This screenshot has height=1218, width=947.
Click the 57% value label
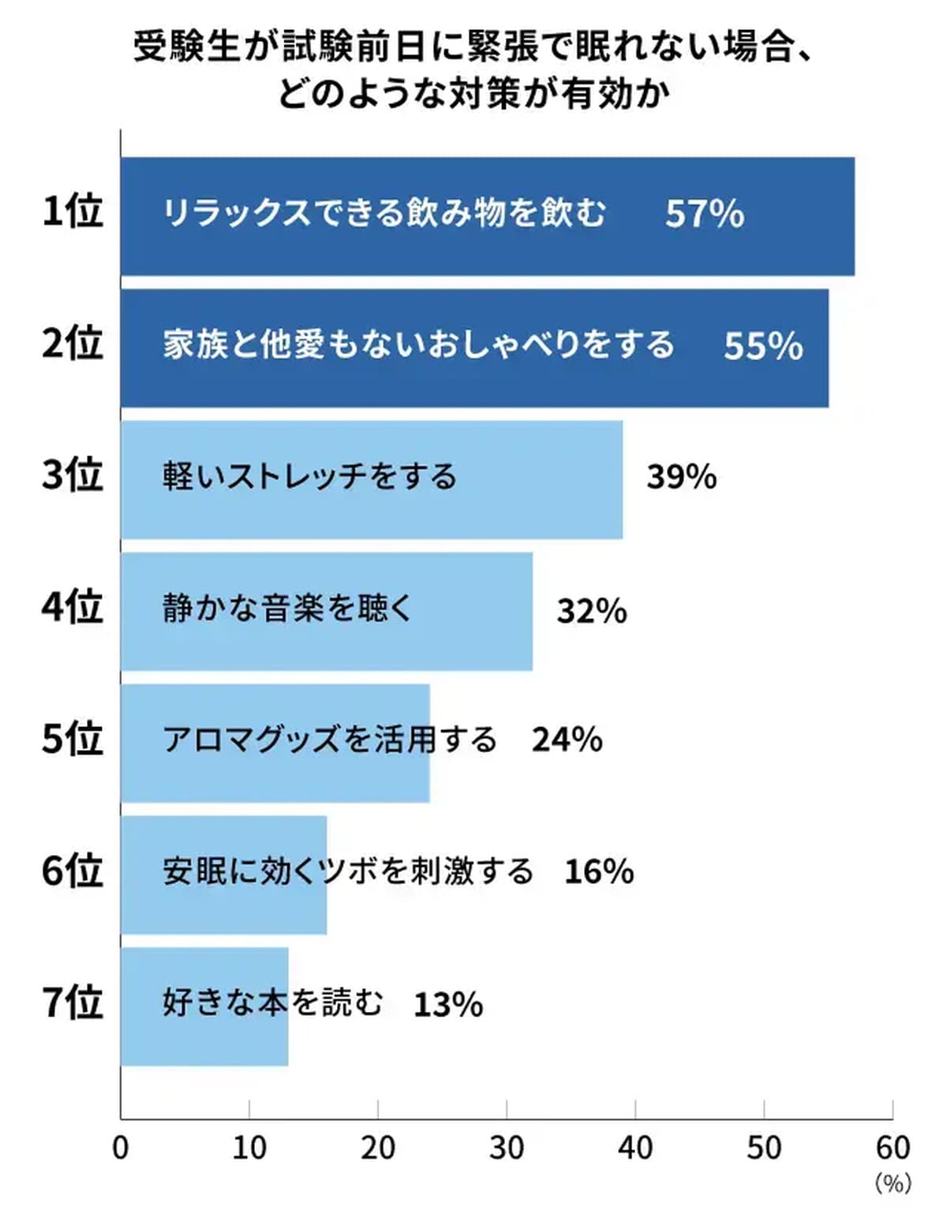[x=704, y=214]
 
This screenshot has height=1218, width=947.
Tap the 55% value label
[x=763, y=347]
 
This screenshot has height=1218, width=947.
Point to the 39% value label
[x=681, y=477]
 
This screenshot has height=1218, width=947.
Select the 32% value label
[x=591, y=611]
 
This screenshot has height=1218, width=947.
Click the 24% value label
[x=567, y=740]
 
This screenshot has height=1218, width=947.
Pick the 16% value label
[x=599, y=871]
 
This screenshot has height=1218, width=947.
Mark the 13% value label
[x=448, y=1004]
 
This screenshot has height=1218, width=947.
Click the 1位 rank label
[x=73, y=212]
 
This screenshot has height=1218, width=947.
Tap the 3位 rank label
[x=73, y=475]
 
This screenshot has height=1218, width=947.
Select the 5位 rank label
[x=73, y=739]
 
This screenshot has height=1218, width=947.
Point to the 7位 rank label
[x=73, y=1003]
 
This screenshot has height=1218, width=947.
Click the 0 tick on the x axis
[x=121, y=1148]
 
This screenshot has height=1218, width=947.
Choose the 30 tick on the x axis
[x=507, y=1148]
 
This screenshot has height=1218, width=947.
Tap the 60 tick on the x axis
[x=893, y=1148]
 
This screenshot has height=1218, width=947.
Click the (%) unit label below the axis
[x=893, y=1182]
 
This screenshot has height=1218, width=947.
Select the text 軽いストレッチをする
[x=309, y=477]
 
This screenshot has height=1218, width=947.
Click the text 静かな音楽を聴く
[x=287, y=609]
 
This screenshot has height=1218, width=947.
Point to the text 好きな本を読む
[x=273, y=1003]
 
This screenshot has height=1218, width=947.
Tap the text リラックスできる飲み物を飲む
[x=384, y=213]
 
